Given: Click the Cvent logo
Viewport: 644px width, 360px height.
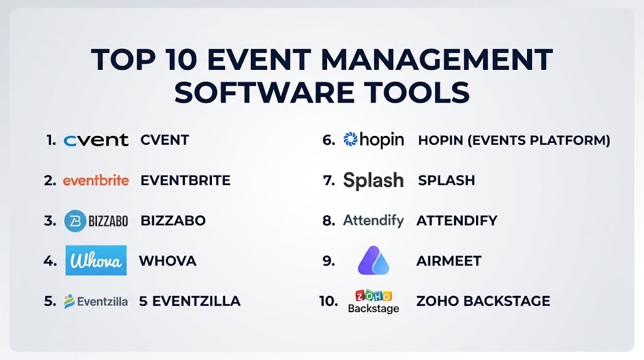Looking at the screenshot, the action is pyautogui.click(x=96, y=140).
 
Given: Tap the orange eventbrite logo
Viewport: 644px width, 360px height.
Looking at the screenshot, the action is pyautogui.click(x=96, y=181).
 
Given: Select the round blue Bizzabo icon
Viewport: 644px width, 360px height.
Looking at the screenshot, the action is pyautogui.click(x=75, y=221).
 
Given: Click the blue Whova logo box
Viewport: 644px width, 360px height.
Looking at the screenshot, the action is pyautogui.click(x=96, y=261).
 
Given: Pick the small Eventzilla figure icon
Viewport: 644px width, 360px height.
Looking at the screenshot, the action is pyautogui.click(x=69, y=301).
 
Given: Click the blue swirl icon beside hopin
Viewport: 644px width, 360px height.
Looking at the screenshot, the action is pyautogui.click(x=350, y=140).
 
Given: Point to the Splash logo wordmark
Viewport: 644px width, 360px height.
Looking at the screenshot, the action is pyautogui.click(x=374, y=181).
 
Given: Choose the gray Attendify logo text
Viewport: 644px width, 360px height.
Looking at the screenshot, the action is pyautogui.click(x=374, y=221).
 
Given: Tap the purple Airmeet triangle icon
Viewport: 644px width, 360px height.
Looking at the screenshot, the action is pyautogui.click(x=374, y=261).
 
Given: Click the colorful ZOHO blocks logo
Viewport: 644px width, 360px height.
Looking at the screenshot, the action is pyautogui.click(x=374, y=295).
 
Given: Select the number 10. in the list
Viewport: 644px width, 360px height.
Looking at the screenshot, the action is pyautogui.click(x=328, y=301).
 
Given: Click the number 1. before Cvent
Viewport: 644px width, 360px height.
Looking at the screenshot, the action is pyautogui.click(x=52, y=140).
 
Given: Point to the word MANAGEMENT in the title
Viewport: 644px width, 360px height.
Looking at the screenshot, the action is pyautogui.click(x=436, y=59).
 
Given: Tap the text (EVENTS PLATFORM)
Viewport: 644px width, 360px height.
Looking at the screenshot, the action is pyautogui.click(x=539, y=140).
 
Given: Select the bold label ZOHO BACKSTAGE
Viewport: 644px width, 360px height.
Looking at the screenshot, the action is pyautogui.click(x=483, y=301).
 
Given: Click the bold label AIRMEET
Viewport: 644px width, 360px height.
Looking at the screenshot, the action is pyautogui.click(x=449, y=261).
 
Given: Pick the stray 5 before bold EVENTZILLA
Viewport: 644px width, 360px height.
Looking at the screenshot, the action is pyautogui.click(x=143, y=301).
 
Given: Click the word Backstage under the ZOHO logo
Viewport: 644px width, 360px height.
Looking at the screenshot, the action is pyautogui.click(x=374, y=308).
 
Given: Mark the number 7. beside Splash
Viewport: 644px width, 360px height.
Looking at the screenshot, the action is pyautogui.click(x=329, y=181).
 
